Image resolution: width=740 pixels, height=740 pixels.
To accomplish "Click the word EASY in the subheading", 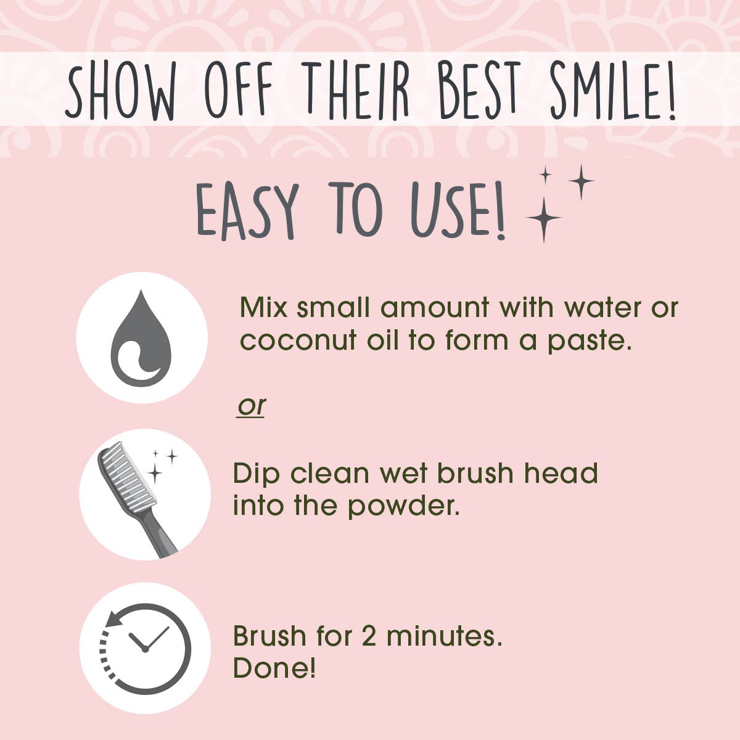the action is [247, 210].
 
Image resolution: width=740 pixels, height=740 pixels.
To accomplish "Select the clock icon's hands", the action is [149, 639].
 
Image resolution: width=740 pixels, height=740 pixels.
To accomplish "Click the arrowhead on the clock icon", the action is [114, 619].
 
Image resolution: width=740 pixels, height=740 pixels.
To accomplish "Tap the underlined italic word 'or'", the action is [252, 406].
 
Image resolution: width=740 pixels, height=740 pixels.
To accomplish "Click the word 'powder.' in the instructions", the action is [404, 507].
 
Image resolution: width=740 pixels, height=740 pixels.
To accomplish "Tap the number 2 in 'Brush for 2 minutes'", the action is [369, 636].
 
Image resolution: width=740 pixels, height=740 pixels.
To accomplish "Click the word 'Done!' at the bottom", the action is [274, 668].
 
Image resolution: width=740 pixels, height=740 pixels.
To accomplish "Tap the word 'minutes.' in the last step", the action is [445, 636].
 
